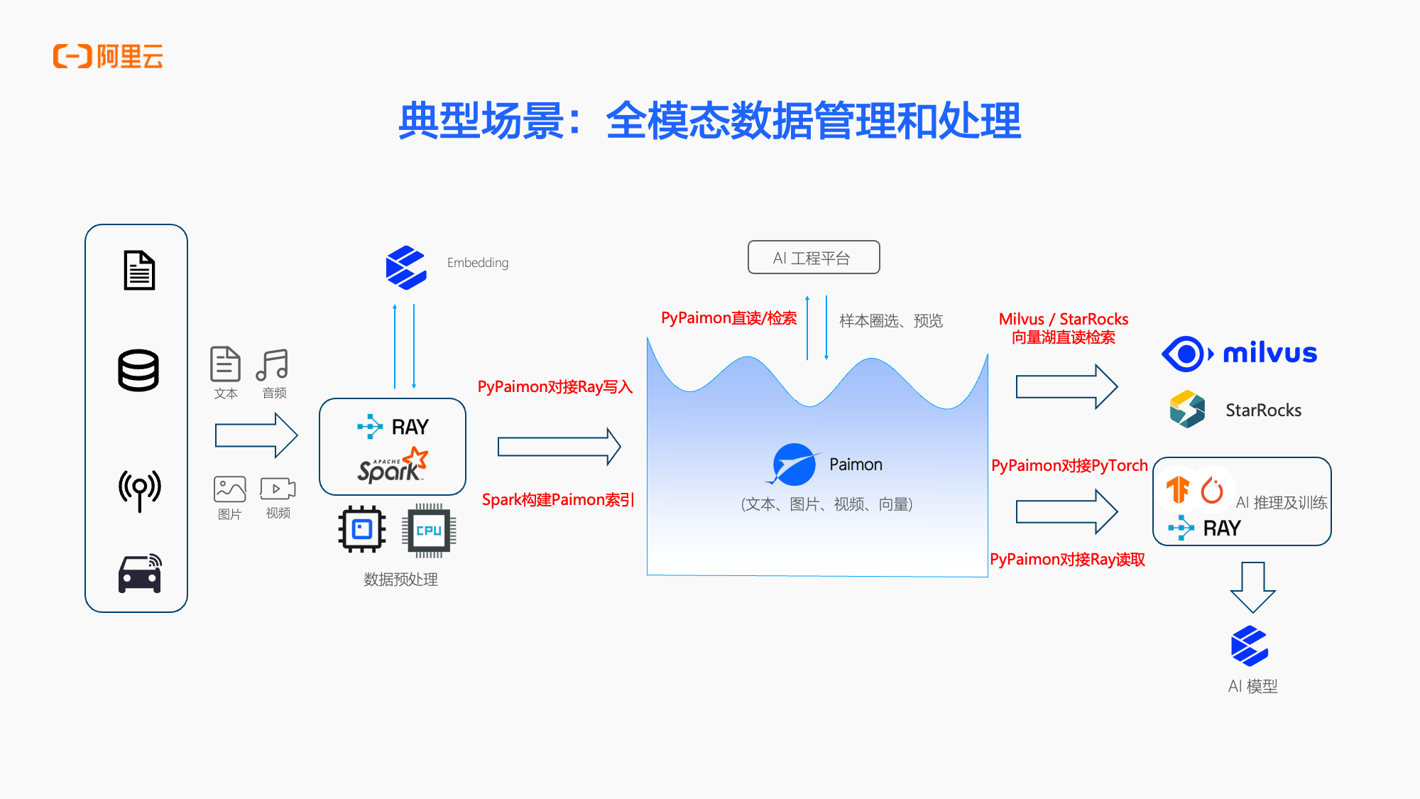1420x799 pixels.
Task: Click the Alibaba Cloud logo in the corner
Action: [108, 56]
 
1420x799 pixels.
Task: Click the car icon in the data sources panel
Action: [140, 573]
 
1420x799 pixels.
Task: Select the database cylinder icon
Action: [138, 370]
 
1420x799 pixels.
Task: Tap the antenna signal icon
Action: [139, 489]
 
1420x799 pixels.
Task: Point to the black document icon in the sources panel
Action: [139, 270]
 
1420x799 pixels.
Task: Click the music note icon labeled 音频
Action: [273, 365]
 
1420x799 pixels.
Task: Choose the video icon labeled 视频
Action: [278, 489]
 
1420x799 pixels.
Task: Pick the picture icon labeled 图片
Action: [229, 489]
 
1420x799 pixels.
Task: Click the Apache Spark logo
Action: [393, 466]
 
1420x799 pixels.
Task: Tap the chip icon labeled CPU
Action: [429, 531]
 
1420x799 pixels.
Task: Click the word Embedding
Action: [478, 263]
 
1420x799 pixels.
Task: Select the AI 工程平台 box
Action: [814, 257]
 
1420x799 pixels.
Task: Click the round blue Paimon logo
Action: [794, 464]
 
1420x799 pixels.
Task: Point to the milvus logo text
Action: [1269, 353]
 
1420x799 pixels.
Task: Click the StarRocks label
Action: [1263, 410]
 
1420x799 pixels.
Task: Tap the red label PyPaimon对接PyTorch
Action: [1069, 465]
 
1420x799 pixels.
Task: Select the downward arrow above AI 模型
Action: [1252, 587]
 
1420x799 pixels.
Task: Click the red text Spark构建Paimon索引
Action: [557, 499]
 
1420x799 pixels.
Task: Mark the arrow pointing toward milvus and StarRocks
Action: [1066, 386]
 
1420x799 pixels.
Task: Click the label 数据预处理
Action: [400, 580]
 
